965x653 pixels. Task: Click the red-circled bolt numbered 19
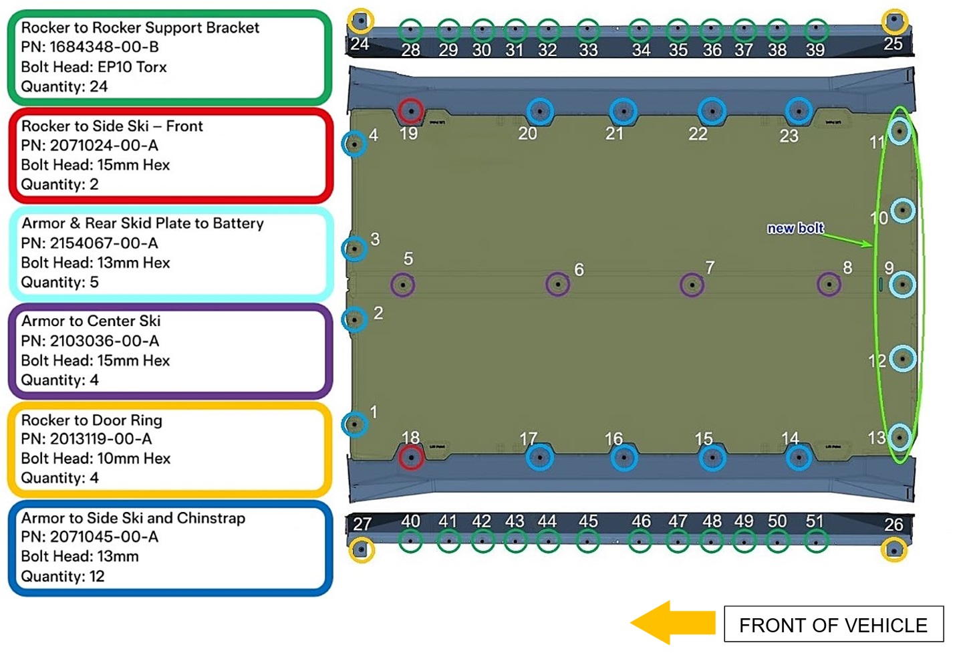pyautogui.click(x=410, y=111)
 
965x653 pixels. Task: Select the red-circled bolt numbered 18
pyautogui.click(x=410, y=458)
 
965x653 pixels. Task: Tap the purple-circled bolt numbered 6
pyautogui.click(x=558, y=285)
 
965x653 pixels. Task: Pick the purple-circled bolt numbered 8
pyautogui.click(x=829, y=284)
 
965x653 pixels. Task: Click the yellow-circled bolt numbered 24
pyautogui.click(x=361, y=21)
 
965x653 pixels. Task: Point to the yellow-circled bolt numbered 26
pyautogui.click(x=893, y=550)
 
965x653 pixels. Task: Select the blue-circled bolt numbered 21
pyautogui.click(x=624, y=111)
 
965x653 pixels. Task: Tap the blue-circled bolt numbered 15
pyautogui.click(x=712, y=458)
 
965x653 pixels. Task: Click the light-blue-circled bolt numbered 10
pyautogui.click(x=903, y=211)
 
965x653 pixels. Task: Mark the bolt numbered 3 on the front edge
pyautogui.click(x=354, y=249)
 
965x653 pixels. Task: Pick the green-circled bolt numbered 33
pyautogui.click(x=587, y=30)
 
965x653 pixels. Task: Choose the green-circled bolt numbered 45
pyautogui.click(x=587, y=541)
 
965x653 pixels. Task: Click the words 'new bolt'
pyautogui.click(x=795, y=228)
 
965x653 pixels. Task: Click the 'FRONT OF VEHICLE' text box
pyautogui.click(x=833, y=625)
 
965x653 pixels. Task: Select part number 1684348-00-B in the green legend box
pyautogui.click(x=90, y=47)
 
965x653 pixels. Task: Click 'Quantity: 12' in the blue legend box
pyautogui.click(x=63, y=576)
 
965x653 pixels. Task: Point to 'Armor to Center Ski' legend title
pyautogui.click(x=91, y=321)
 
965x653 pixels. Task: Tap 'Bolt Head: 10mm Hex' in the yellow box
pyautogui.click(x=96, y=459)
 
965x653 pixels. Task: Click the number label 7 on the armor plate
pyautogui.click(x=710, y=268)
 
